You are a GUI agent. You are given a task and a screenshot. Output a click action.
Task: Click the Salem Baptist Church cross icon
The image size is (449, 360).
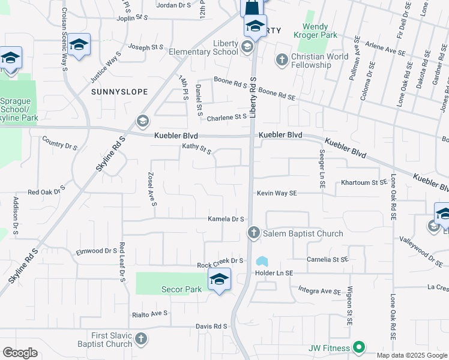(x=253, y=233)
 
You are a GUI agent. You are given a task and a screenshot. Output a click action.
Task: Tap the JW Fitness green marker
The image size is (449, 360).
(x=359, y=347)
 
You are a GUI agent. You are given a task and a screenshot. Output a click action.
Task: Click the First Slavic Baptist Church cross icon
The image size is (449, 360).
(x=140, y=338)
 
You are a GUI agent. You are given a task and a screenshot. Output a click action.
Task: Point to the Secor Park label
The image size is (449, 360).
(x=181, y=289)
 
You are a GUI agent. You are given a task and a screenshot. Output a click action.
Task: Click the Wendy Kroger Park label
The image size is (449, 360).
(x=324, y=31)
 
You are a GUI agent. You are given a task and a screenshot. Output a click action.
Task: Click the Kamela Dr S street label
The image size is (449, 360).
(x=226, y=219)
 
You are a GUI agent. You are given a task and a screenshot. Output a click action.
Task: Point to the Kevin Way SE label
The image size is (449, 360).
(x=277, y=193)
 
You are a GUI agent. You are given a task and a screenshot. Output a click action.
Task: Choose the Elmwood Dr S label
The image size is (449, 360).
(x=96, y=251)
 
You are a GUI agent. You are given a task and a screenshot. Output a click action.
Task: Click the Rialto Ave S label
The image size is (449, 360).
(x=150, y=314)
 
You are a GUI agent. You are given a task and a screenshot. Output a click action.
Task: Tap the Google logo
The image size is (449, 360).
(x=20, y=353)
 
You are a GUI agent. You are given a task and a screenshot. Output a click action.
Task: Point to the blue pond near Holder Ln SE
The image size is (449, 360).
(x=262, y=262)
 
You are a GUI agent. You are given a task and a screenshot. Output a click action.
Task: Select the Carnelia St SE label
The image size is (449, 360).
(x=327, y=260)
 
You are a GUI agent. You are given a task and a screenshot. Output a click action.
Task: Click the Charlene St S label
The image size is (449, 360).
(x=227, y=118)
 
